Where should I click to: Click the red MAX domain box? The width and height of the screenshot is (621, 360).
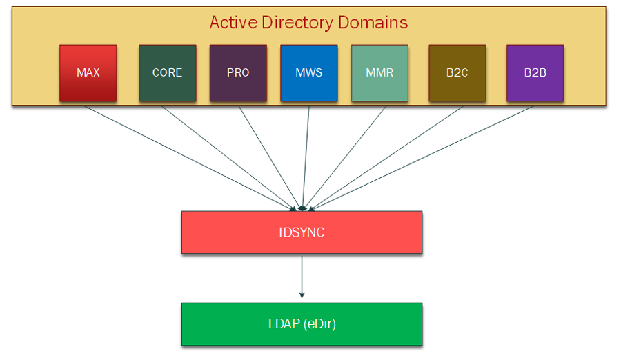pos(88,73)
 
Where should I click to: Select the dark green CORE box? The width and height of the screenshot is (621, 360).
pos(167,73)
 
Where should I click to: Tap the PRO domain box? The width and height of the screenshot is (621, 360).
pos(238,73)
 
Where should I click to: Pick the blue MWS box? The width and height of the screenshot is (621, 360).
pos(308,73)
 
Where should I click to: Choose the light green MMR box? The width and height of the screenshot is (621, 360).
pos(379,73)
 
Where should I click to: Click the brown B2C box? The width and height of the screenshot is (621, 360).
pos(457,73)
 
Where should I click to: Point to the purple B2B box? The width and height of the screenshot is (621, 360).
pos(535,73)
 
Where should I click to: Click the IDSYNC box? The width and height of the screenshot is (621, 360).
pos(302,232)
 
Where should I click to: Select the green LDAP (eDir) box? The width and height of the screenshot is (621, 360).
pos(302,323)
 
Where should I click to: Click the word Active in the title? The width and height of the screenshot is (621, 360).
pos(233,22)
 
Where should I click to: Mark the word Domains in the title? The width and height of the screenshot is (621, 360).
pos(373,22)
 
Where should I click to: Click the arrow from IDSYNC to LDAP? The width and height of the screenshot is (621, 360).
pos(302,276)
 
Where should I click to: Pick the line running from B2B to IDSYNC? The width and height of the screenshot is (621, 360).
pos(422,157)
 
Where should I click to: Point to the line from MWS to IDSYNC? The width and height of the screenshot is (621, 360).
pos(305,155)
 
